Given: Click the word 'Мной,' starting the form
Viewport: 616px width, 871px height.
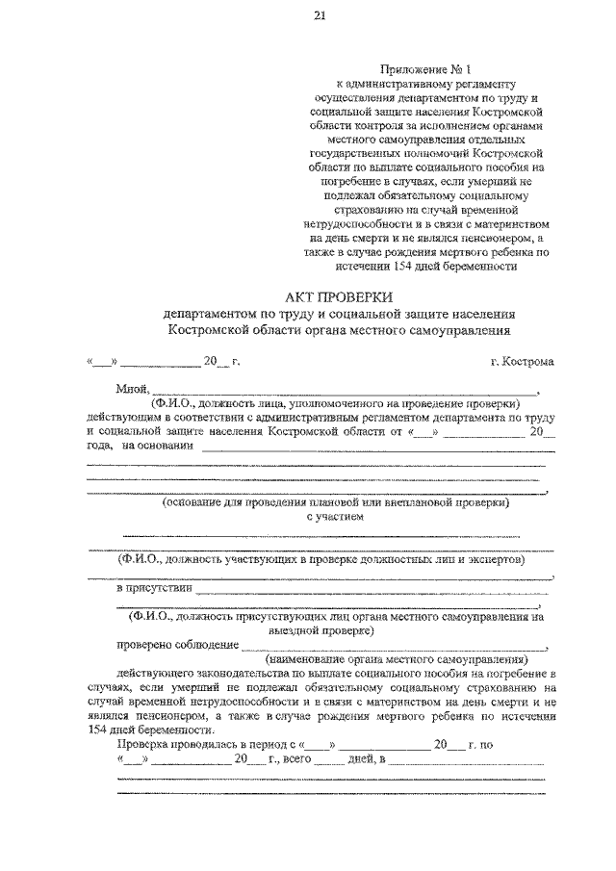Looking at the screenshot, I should [x=131, y=390].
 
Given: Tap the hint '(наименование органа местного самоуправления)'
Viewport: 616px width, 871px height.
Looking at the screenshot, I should [x=397, y=661].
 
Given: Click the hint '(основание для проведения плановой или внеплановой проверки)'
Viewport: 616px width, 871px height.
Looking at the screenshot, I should [x=335, y=502].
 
